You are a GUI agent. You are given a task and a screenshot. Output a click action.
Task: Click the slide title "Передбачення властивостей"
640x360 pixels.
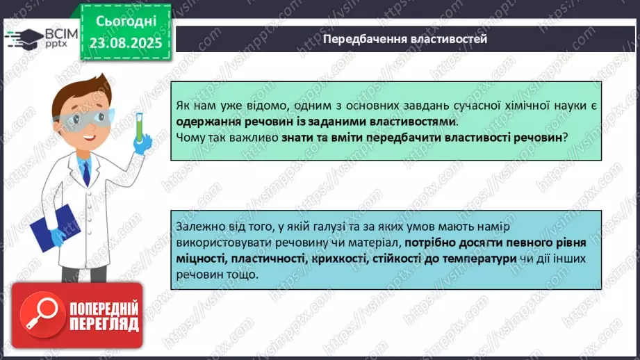point(404,39)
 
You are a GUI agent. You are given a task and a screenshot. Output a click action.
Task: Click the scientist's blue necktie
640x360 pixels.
point(86,171)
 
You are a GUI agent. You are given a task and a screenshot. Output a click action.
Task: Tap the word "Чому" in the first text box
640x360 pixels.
point(190,138)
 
